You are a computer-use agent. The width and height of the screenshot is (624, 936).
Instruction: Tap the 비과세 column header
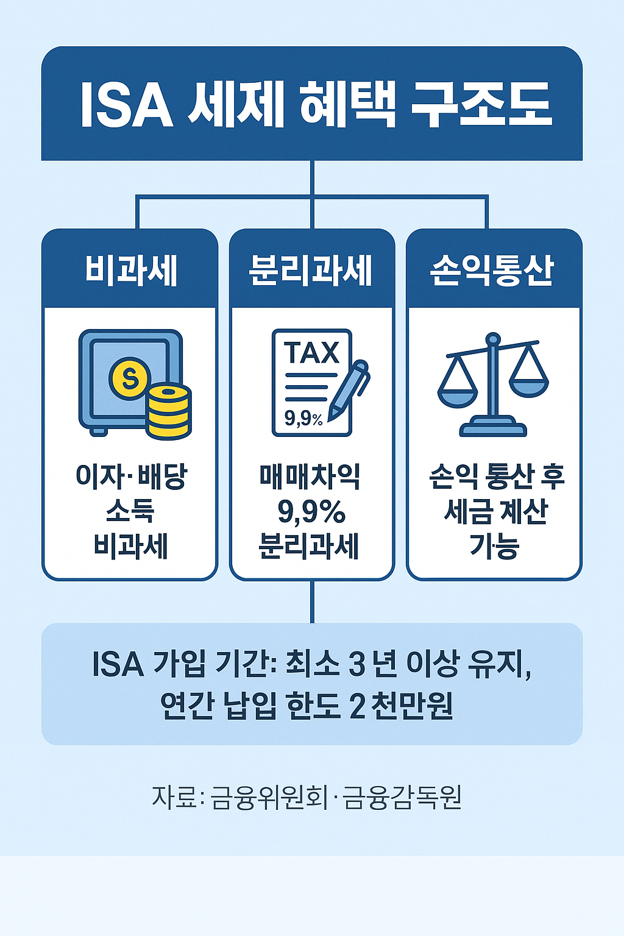tap(130, 270)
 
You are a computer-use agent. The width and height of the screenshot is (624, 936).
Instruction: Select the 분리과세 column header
tap(311, 270)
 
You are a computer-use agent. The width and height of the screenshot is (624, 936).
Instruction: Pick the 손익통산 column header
tap(492, 270)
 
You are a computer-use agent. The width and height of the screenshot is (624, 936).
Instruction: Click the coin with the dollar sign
tap(129, 378)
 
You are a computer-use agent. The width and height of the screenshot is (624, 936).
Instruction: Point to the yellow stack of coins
tap(169, 410)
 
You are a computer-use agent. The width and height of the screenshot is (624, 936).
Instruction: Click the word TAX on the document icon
tap(311, 353)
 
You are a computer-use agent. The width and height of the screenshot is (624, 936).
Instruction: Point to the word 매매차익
tap(310, 477)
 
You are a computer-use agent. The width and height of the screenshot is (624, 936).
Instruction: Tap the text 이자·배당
tap(131, 477)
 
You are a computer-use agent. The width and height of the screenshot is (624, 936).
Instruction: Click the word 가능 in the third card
tap(494, 545)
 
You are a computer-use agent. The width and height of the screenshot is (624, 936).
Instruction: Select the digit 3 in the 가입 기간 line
tap(357, 664)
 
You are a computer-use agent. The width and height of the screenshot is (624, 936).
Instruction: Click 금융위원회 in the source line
tap(269, 797)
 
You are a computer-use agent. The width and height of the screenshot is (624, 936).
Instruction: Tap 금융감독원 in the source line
tap(402, 797)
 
